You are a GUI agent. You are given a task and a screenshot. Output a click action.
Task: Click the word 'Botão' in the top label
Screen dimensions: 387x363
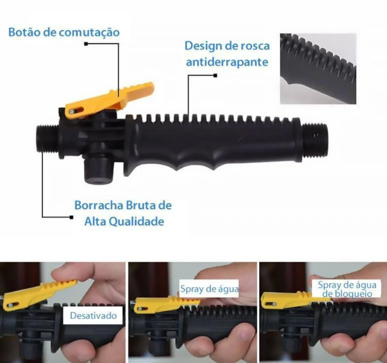click(x=24, y=32)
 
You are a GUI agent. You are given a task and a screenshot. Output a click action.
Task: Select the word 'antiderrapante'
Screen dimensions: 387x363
click(x=227, y=62)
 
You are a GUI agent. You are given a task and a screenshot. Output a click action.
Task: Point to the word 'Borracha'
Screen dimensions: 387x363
click(x=99, y=205)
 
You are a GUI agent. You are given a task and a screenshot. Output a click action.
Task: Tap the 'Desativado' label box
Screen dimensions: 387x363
click(x=92, y=315)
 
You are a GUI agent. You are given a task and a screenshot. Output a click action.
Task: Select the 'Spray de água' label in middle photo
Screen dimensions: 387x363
click(x=209, y=289)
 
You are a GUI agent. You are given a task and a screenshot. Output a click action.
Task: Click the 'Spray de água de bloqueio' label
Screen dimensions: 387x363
click(x=347, y=289)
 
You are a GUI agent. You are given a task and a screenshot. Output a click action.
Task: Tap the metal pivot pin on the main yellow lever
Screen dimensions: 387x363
click(x=72, y=112)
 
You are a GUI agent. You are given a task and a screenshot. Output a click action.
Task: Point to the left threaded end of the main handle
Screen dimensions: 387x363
click(x=48, y=138)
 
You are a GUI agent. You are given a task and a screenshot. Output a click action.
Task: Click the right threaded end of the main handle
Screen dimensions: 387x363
click(x=315, y=140)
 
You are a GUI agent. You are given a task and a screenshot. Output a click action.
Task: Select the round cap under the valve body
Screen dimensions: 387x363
click(x=97, y=170)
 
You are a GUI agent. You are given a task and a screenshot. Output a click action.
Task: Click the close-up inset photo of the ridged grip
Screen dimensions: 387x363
click(x=318, y=68)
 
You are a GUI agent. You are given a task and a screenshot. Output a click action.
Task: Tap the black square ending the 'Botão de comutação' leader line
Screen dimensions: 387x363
click(x=86, y=44)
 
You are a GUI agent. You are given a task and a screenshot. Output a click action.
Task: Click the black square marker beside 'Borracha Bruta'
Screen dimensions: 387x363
click(x=71, y=217)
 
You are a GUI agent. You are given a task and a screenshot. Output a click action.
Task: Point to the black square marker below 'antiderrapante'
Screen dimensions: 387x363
click(x=215, y=75)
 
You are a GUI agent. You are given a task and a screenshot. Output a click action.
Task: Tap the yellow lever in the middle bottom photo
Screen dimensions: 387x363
click(x=167, y=304)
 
